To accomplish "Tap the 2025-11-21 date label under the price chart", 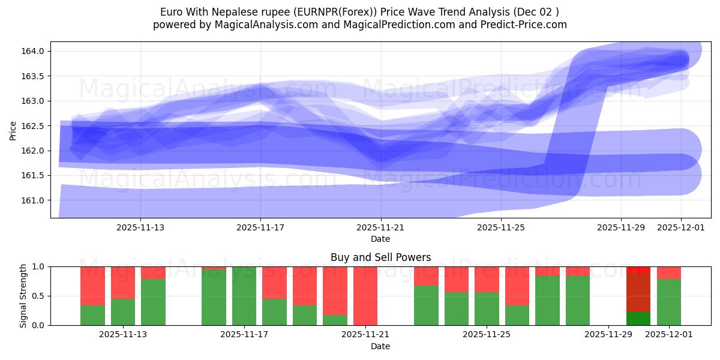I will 380,228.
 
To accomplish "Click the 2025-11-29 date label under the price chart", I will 620,228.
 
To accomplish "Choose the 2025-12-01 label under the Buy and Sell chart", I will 668,335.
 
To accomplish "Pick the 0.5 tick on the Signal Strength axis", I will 38,296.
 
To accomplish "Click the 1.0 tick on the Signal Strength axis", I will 38,266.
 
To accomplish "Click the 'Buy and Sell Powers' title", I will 380,257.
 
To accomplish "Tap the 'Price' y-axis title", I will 13,130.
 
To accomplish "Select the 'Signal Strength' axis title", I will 23,296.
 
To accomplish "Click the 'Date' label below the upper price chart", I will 380,239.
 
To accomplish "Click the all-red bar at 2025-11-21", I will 365,296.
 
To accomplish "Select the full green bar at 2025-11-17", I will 244,296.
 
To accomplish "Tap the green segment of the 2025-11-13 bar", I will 153,302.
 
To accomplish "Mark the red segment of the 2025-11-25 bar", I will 487,279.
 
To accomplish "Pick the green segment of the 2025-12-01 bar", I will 668,302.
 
